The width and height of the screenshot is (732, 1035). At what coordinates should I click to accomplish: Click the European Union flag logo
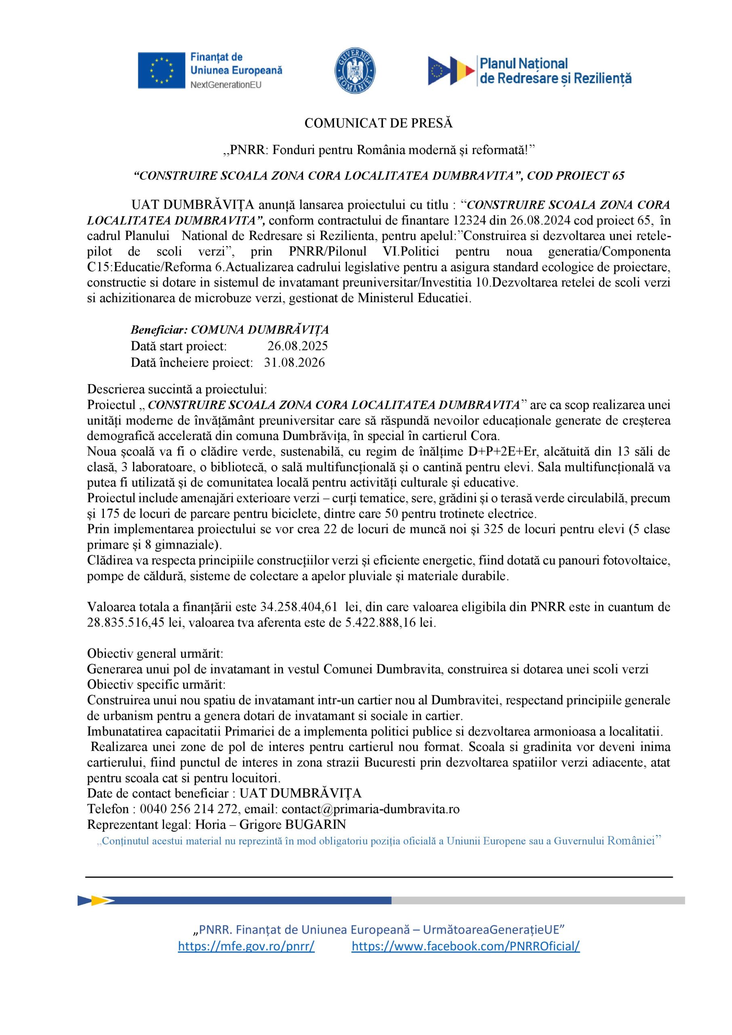(x=161, y=70)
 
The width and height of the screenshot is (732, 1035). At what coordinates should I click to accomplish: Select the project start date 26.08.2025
(x=297, y=346)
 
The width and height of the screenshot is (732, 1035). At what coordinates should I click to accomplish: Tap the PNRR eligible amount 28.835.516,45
(x=127, y=623)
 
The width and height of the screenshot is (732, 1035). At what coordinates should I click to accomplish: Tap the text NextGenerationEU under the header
(x=226, y=85)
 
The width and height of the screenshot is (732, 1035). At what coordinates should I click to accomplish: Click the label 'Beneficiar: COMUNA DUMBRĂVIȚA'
(x=230, y=330)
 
